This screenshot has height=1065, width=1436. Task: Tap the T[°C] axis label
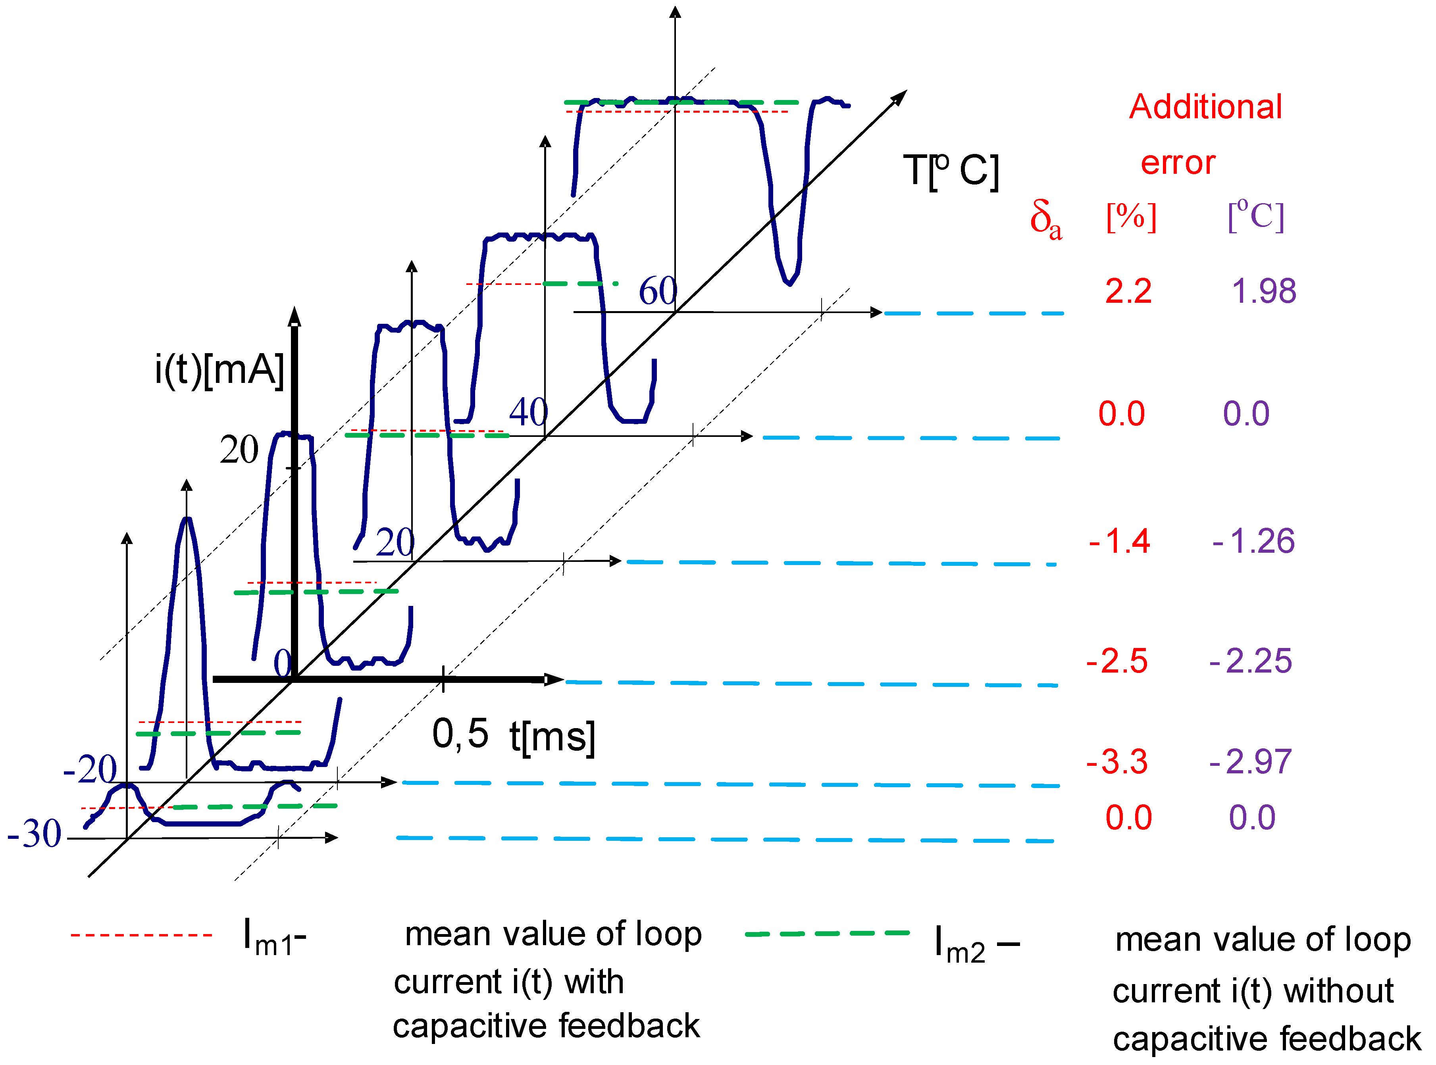click(951, 171)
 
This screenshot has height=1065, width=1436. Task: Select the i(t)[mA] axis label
click(219, 370)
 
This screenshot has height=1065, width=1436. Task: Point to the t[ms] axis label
click(552, 737)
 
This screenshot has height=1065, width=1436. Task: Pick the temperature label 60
click(658, 291)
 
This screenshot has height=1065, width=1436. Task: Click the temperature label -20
click(90, 769)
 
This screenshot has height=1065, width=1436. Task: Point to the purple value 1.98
click(1263, 291)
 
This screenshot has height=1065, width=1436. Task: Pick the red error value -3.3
click(1117, 762)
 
